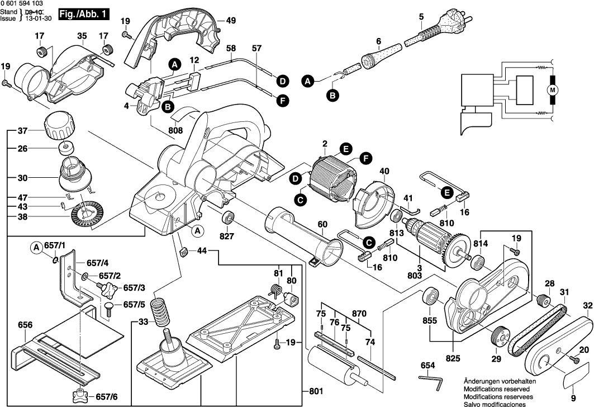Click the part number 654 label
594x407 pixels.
coord(427,365)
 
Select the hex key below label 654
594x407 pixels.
coord(431,382)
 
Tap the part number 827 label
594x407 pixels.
coord(227,235)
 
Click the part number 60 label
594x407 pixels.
coord(322,224)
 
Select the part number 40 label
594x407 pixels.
coord(384,171)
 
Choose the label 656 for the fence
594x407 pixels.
coord(25,324)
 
